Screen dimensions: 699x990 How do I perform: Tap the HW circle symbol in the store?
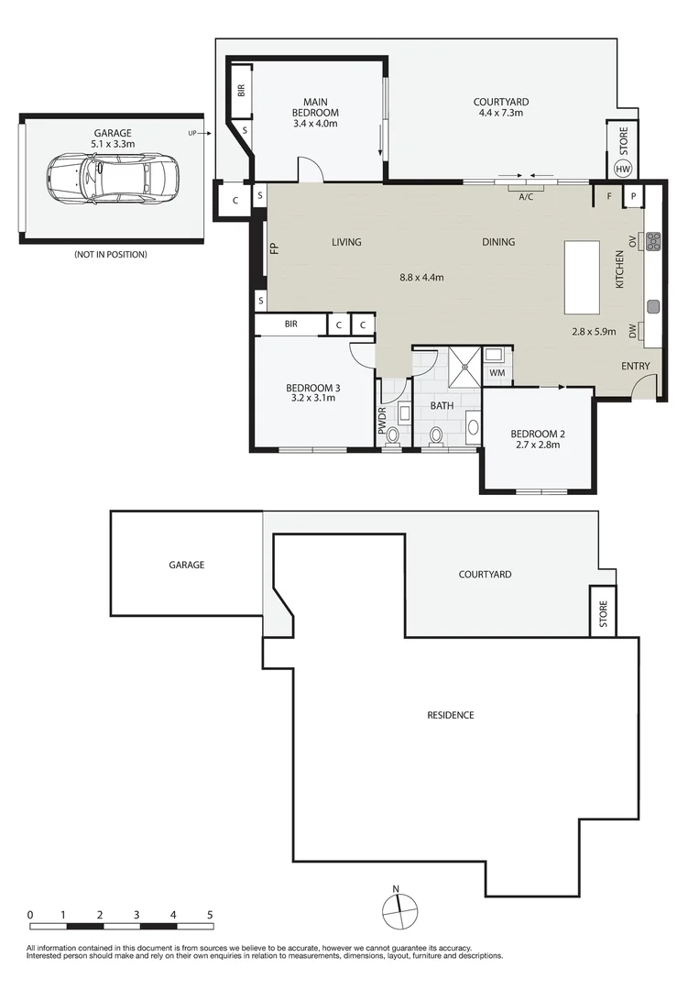click(623, 170)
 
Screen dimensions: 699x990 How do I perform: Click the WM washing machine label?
click(497, 372)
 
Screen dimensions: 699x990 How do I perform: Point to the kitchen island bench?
click(582, 277)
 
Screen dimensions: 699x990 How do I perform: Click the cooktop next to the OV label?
click(653, 240)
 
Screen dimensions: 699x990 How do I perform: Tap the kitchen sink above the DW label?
click(653, 307)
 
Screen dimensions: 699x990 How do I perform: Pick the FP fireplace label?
click(274, 248)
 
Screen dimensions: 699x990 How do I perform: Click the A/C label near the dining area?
click(526, 197)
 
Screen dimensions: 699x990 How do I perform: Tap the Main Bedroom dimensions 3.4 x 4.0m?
click(315, 123)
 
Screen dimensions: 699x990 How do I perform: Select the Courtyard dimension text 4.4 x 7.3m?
click(501, 113)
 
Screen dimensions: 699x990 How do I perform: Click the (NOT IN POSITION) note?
click(111, 255)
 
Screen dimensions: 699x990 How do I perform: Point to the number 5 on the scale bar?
click(210, 914)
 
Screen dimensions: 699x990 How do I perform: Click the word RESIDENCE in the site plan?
click(451, 715)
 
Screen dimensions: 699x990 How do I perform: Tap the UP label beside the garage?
click(192, 133)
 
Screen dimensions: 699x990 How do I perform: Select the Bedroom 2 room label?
click(538, 434)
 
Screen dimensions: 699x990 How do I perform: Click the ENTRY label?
click(635, 366)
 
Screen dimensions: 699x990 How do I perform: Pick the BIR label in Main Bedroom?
click(241, 90)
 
